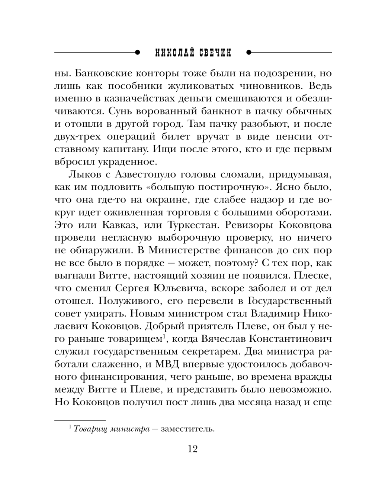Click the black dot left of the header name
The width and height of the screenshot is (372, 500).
[x=137, y=52]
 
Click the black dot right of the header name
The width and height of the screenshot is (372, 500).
[x=249, y=52]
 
